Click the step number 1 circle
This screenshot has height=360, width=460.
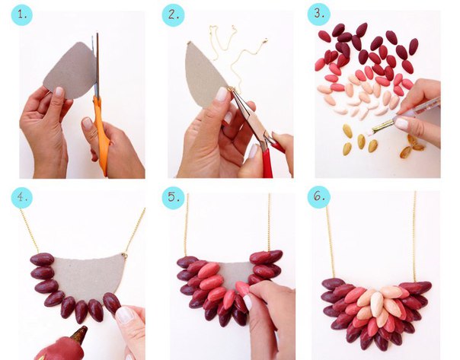pos(22,14)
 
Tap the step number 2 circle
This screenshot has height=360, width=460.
pos(174,15)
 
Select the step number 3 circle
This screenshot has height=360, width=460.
pos(318,14)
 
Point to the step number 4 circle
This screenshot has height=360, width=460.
pos(22,198)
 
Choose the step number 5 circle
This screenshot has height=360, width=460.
pos(174,198)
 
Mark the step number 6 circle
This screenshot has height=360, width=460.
pos(319,197)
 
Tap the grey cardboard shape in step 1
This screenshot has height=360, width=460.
pos(70,70)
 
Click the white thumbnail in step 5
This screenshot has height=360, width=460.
pos(248,302)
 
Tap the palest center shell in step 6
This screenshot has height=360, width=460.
pos(376,304)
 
